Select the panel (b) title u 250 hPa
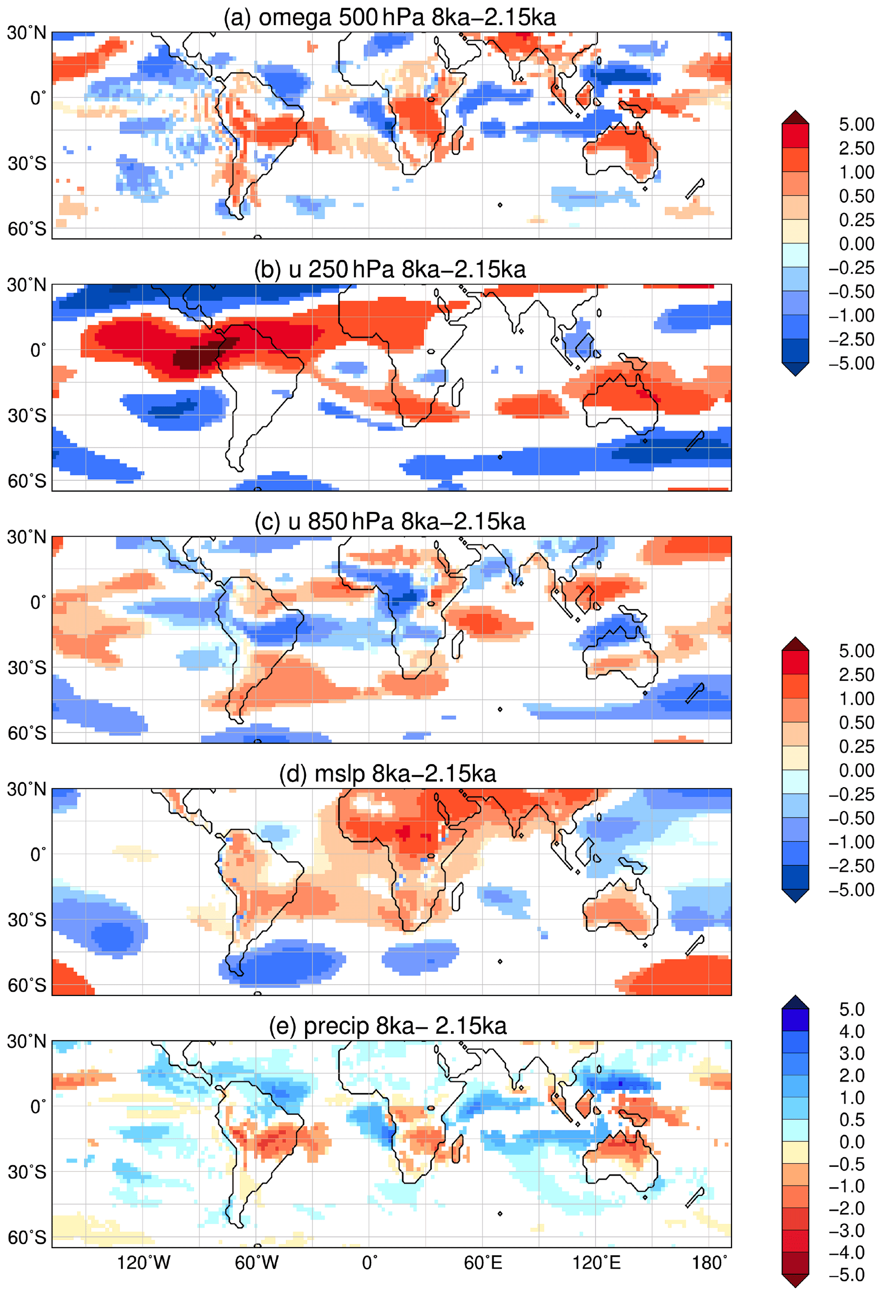[390, 269]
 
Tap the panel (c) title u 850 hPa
[390, 521]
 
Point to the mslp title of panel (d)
[387, 773]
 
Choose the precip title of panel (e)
[387, 1026]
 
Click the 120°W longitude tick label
[143, 1262]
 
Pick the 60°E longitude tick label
[483, 1262]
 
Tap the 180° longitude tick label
[709, 1262]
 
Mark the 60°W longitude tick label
[256, 1262]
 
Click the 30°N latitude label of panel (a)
[26, 33]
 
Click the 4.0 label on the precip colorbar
[851, 1031]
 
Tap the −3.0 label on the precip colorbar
[848, 1229]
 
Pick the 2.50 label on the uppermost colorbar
[856, 148]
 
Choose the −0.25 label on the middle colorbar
[851, 794]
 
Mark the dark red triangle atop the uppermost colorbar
[795, 117]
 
